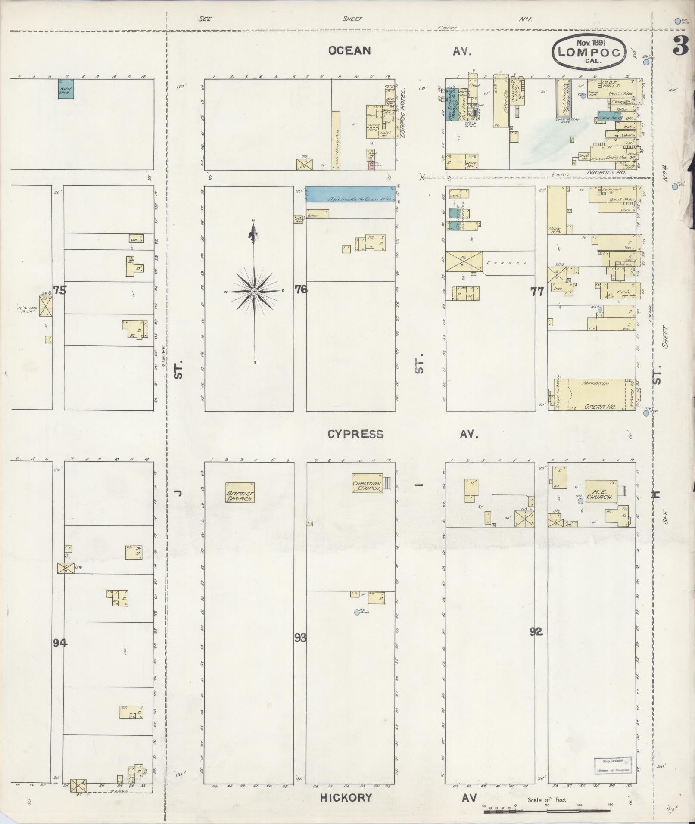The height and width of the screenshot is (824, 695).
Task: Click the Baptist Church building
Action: [240, 492]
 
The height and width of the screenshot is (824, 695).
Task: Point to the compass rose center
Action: [254, 292]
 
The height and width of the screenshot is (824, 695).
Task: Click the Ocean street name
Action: [349, 51]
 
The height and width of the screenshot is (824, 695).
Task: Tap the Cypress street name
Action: [355, 434]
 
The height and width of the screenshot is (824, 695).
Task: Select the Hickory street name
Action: [346, 798]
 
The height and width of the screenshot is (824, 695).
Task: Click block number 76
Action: [301, 289]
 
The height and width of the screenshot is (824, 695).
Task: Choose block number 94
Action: [61, 643]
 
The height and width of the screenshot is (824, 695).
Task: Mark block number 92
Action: [536, 632]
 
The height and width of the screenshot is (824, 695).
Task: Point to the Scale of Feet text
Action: [548, 800]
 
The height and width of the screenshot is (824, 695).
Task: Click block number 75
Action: [60, 290]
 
